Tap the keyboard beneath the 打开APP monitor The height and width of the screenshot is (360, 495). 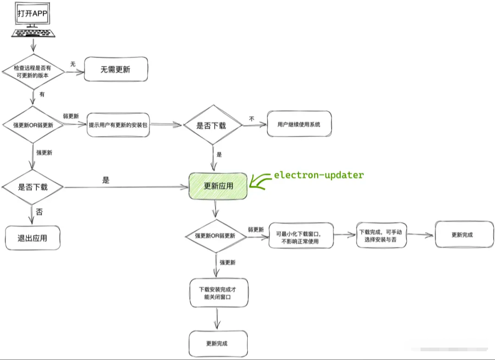[33, 33]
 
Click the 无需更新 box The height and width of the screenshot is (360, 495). [115, 70]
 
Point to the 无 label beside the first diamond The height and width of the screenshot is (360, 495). [72, 64]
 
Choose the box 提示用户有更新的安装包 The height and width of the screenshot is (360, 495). [119, 124]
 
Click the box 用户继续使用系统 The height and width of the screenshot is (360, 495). [299, 124]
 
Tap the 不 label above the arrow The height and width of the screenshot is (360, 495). [251, 118]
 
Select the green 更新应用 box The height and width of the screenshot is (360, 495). [218, 186]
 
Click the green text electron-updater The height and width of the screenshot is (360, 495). [319, 175]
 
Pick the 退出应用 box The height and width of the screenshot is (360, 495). [33, 238]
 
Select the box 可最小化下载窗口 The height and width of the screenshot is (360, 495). [301, 235]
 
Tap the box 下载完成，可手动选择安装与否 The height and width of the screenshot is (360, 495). [381, 235]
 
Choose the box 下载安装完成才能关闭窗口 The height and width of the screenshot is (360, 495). [219, 293]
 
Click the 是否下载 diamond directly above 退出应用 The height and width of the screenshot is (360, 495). [33, 187]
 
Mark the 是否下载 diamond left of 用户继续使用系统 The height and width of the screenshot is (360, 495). [212, 125]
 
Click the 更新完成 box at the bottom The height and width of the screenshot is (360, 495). [218, 343]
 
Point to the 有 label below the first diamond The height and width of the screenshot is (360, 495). [42, 94]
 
